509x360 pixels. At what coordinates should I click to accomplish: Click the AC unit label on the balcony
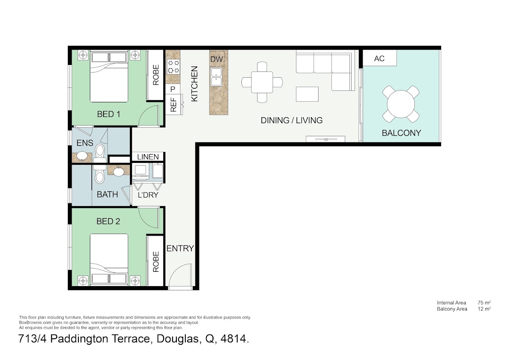(x=379, y=59)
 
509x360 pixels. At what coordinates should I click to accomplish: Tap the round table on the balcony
(x=401, y=104)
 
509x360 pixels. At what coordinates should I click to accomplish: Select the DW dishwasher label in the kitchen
(x=217, y=59)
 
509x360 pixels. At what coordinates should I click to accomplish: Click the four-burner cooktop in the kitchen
(x=173, y=67)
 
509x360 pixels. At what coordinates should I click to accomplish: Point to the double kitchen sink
(x=216, y=77)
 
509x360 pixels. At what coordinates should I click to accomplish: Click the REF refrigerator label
(x=173, y=104)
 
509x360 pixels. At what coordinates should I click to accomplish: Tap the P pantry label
(x=173, y=90)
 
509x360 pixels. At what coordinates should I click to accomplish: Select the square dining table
(x=262, y=82)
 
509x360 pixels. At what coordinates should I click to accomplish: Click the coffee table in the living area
(x=307, y=94)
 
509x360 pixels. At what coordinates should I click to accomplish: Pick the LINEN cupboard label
(x=148, y=157)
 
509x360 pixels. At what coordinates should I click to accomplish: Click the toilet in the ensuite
(x=100, y=152)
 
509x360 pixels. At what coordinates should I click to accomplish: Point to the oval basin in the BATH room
(x=119, y=172)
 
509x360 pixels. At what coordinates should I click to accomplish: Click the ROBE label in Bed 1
(x=156, y=75)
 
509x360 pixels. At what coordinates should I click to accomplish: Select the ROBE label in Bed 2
(x=156, y=262)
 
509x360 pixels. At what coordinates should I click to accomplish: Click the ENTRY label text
(x=180, y=248)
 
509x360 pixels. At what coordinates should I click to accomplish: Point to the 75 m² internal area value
(x=484, y=303)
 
